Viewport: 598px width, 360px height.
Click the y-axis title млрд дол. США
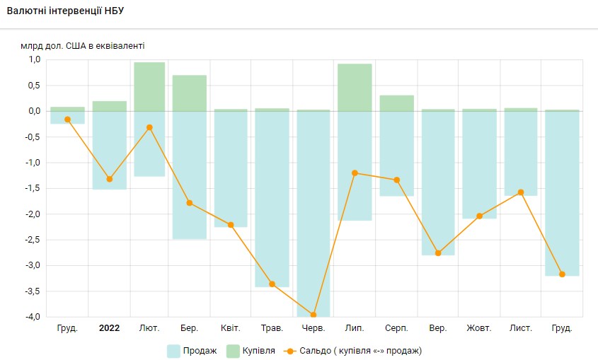point(83,46)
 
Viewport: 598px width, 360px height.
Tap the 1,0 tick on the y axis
point(35,59)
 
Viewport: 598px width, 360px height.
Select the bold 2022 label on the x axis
point(109,328)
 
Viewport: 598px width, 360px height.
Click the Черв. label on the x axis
point(314,328)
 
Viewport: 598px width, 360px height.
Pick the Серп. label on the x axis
point(396,328)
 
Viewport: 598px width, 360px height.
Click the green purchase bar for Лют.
point(149,86)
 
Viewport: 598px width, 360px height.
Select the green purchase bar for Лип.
point(355,87)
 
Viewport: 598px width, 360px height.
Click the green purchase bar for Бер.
point(190,93)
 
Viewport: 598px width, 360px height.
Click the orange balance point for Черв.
point(314,315)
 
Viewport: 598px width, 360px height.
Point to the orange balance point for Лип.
point(355,173)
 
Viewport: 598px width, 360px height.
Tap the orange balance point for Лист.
point(520,192)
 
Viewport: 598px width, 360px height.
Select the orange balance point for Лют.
point(149,127)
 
